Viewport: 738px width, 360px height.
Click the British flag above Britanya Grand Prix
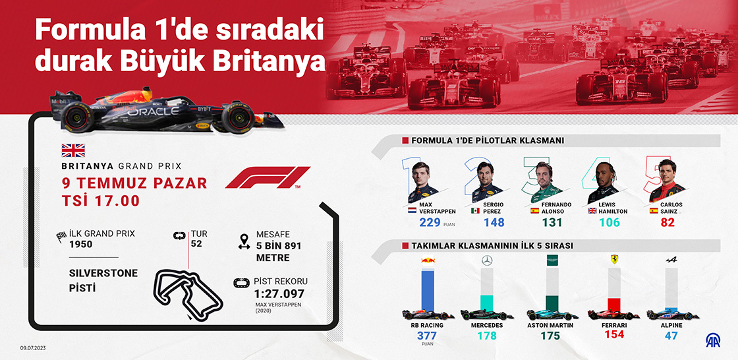point(69,150)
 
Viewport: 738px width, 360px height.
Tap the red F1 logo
point(267,178)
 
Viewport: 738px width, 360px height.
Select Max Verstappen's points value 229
point(429,222)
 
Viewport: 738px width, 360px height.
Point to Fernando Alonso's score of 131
point(552,222)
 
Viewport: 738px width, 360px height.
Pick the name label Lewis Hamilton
point(608,208)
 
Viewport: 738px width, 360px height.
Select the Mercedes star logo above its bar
point(487,260)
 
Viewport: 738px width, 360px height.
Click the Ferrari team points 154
point(613,335)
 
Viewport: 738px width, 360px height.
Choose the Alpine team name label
point(671,325)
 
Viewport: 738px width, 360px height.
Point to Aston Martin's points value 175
point(550,336)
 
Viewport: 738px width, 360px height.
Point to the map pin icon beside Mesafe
point(244,241)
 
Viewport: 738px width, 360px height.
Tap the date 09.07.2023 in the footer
point(33,347)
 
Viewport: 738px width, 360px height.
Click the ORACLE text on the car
point(153,111)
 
